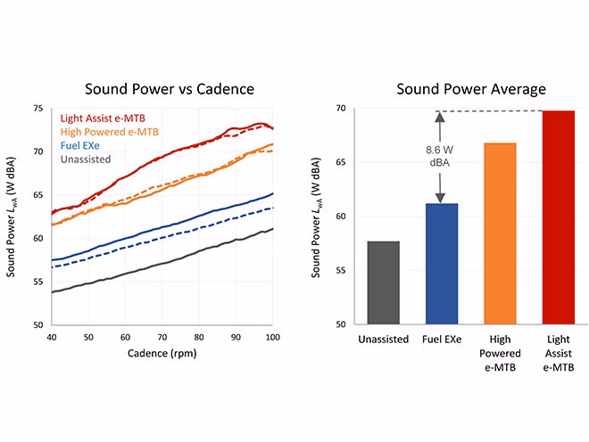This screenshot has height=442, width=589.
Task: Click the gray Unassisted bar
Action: click(x=383, y=282)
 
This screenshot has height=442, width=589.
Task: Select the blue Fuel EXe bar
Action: click(x=442, y=264)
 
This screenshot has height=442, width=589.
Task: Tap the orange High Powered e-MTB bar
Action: click(x=500, y=233)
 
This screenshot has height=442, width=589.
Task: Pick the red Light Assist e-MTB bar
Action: click(x=559, y=217)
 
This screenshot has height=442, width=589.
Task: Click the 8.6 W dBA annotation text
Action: click(x=439, y=156)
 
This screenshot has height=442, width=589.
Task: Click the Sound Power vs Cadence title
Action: click(x=170, y=89)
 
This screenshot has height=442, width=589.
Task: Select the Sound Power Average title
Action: click(x=471, y=89)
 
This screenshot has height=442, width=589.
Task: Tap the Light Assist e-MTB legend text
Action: click(x=103, y=119)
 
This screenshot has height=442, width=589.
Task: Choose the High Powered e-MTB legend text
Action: click(x=109, y=132)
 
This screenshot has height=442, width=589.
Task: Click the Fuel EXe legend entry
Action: click(x=80, y=145)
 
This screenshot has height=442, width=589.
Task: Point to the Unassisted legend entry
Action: click(x=86, y=160)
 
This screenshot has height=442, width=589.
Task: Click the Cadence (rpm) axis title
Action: click(x=162, y=354)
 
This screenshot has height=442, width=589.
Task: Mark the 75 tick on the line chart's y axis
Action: click(x=38, y=109)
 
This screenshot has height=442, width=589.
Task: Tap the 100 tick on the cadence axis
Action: click(x=273, y=338)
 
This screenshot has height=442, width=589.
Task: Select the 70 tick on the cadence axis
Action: click(x=162, y=338)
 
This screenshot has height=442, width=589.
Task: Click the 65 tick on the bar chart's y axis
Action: click(x=341, y=162)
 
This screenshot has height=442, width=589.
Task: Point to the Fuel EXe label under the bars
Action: click(x=442, y=340)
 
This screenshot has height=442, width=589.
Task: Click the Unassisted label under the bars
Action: click(x=383, y=340)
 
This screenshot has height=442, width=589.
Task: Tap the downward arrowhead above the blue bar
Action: click(x=440, y=198)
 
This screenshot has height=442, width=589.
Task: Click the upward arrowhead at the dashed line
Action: click(x=440, y=117)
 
